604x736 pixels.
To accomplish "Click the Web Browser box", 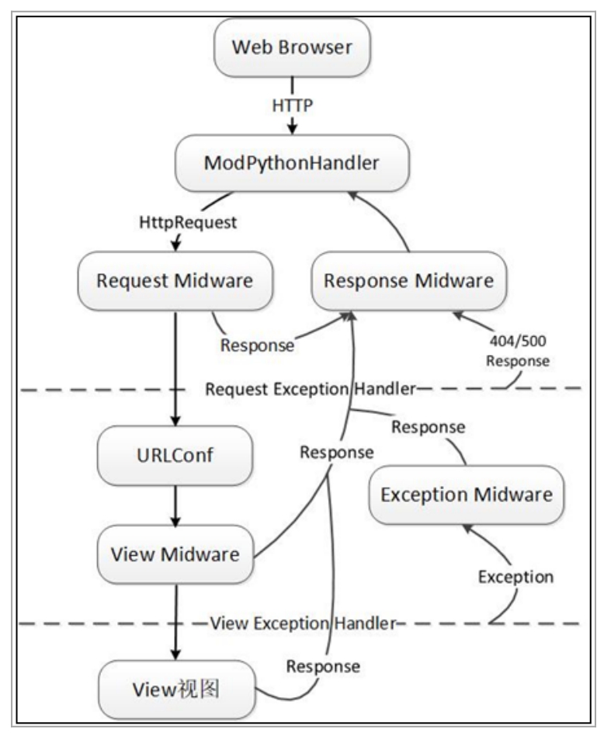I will pyautogui.click(x=292, y=47).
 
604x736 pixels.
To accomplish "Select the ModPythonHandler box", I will pyautogui.click(x=292, y=163).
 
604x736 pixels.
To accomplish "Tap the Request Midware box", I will pyautogui.click(x=175, y=280).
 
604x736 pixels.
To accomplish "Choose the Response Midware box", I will pyautogui.click(x=408, y=280).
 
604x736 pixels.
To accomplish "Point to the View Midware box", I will pyautogui.click(x=175, y=554).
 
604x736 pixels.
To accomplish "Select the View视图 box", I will pyautogui.click(x=175, y=687).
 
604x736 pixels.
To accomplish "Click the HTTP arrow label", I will pyautogui.click(x=293, y=104).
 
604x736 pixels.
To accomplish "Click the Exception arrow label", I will pyautogui.click(x=515, y=577).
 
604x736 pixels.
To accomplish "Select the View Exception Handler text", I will pyautogui.click(x=304, y=622).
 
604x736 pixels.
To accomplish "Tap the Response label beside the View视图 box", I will pyautogui.click(x=323, y=665).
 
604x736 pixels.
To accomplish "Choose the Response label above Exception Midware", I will pyautogui.click(x=428, y=427).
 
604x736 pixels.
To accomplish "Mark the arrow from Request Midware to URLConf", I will pyautogui.click(x=175, y=365).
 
